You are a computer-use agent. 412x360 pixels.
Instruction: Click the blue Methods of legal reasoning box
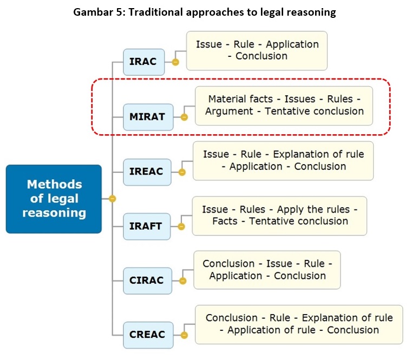(54, 199)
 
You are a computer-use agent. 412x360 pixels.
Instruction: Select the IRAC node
(143, 62)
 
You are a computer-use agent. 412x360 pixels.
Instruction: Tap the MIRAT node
(147, 116)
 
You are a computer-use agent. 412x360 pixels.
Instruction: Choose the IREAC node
(146, 172)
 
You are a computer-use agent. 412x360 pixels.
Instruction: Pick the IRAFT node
(146, 226)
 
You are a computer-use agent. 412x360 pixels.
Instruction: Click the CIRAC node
(147, 280)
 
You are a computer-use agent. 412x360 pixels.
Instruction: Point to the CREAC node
(147, 335)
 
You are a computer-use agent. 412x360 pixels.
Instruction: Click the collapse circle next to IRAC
(175, 62)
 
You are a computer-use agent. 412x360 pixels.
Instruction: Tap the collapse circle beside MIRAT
(184, 116)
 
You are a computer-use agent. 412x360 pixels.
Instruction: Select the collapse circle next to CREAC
(184, 335)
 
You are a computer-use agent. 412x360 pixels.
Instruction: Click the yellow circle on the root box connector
(112, 199)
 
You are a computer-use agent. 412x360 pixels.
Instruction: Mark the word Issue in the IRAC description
(208, 44)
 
